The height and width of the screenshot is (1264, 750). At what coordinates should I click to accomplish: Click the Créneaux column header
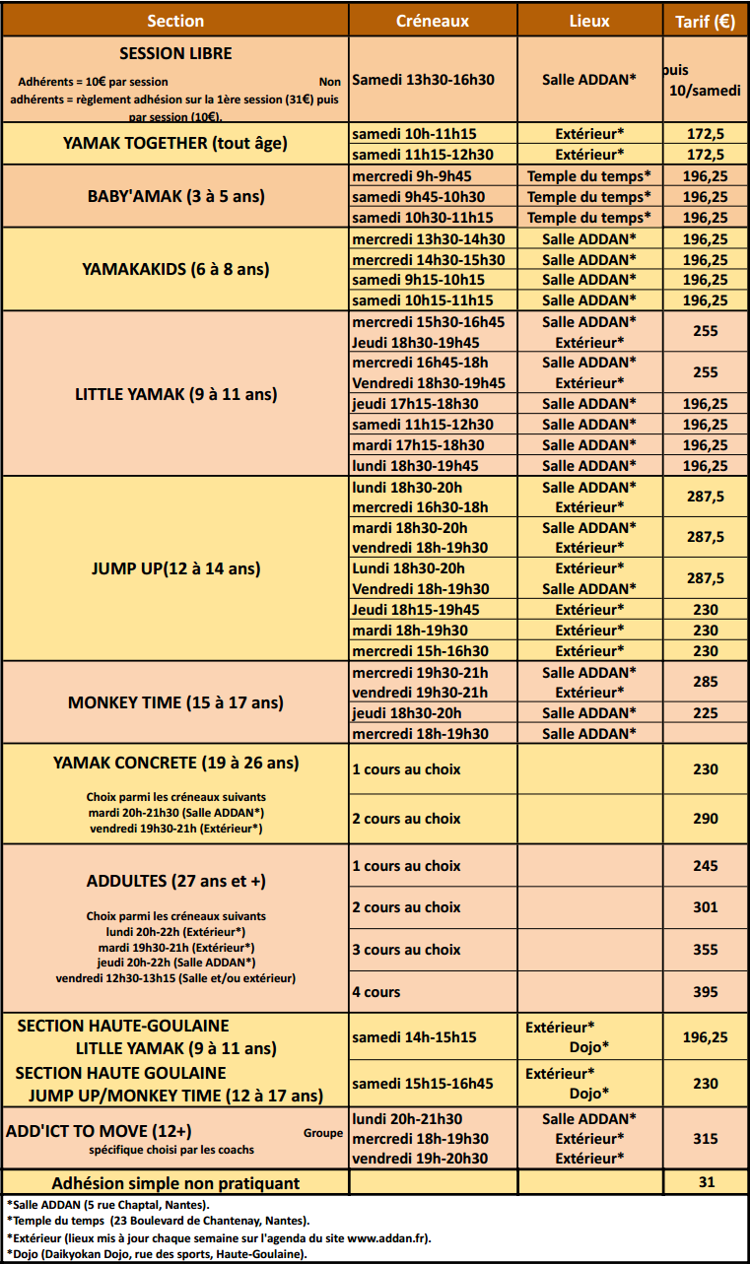(432, 21)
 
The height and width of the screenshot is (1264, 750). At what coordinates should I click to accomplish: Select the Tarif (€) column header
(706, 21)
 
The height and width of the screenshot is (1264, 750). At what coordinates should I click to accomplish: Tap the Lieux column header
(589, 21)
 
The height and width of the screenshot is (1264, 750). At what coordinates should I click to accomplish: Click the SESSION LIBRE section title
(175, 53)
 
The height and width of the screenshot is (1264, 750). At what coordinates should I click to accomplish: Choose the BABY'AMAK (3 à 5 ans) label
(175, 196)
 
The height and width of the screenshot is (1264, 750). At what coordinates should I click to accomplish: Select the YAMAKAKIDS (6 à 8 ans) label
(175, 269)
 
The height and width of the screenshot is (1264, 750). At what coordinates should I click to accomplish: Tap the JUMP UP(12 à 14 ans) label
(175, 568)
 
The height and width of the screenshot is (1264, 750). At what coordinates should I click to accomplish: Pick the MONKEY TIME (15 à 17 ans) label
(175, 702)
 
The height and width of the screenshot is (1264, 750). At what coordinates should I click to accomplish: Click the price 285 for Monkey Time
(706, 682)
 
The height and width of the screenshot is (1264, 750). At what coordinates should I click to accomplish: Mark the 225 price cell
(706, 713)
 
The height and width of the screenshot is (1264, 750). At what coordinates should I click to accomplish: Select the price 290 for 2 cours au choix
(706, 819)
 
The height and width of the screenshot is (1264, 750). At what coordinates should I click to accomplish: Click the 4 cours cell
(376, 992)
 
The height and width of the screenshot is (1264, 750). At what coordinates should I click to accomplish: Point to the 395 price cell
(706, 992)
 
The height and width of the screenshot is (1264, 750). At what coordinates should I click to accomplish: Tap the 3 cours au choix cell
(406, 950)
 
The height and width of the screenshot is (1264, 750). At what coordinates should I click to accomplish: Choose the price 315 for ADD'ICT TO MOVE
(706, 1139)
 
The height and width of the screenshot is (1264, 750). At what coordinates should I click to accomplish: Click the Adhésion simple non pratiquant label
(175, 1182)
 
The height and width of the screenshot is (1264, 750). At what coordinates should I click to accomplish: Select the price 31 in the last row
(706, 1182)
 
